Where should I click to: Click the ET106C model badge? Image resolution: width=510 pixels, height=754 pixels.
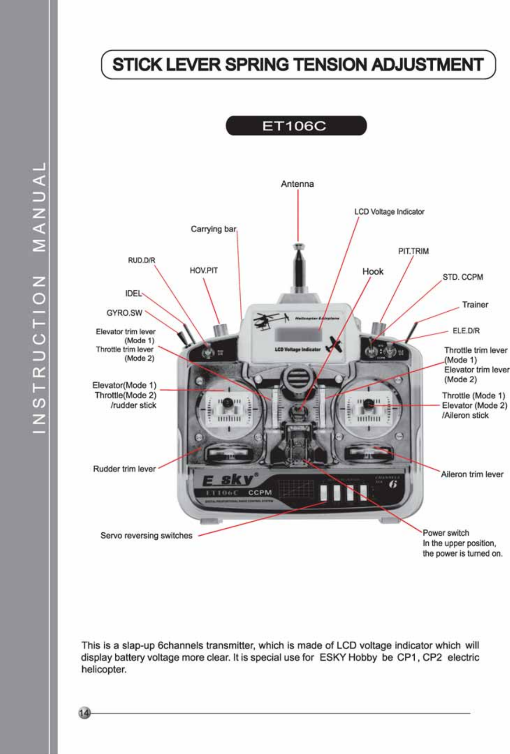(x=296, y=126)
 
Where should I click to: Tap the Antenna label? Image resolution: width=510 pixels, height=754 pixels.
(x=297, y=184)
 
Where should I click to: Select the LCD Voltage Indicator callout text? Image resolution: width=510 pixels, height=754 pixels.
(x=389, y=212)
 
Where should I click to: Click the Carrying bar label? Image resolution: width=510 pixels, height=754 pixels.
(x=213, y=229)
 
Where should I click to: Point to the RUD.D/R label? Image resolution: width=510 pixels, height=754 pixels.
(x=142, y=260)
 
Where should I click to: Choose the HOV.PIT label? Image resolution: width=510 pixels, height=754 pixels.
(x=204, y=270)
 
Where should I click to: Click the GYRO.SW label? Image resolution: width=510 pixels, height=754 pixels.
(x=124, y=313)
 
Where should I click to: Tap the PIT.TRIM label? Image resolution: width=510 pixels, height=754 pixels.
(x=413, y=251)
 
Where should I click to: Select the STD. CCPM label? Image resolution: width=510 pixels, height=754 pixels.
(x=463, y=277)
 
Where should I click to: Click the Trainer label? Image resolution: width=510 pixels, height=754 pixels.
(x=475, y=305)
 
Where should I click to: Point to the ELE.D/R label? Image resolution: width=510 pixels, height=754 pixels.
(x=466, y=331)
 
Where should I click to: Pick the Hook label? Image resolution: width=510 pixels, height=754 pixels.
(x=373, y=271)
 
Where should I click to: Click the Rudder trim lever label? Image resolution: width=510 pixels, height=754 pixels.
(x=124, y=469)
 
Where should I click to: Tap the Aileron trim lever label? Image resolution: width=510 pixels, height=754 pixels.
(x=472, y=474)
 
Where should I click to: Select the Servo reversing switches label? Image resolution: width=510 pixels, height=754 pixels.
(x=146, y=536)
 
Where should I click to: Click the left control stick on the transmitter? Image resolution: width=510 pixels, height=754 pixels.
(x=227, y=404)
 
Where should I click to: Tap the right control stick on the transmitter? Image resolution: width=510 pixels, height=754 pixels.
(x=369, y=404)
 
